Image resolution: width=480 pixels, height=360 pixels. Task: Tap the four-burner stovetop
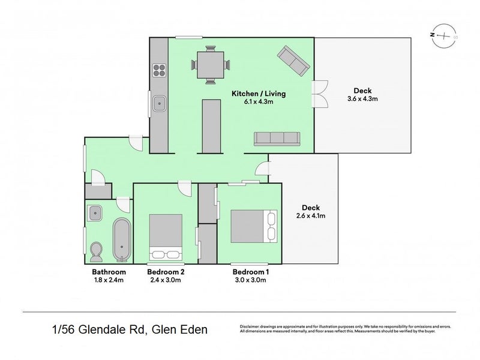[x=158, y=71]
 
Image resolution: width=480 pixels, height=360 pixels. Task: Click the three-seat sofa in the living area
[x=277, y=138]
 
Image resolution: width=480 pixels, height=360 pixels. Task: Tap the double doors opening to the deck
[x=319, y=94]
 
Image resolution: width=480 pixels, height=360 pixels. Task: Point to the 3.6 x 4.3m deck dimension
[x=362, y=99]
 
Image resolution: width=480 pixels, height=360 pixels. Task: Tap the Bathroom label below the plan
[x=100, y=272]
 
